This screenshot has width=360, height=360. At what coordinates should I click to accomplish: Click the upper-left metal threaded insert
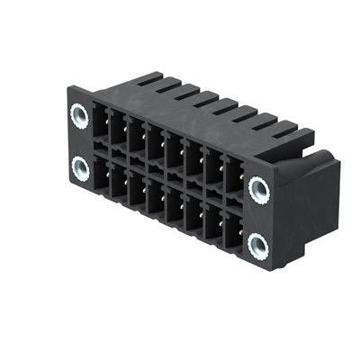tap(78, 116)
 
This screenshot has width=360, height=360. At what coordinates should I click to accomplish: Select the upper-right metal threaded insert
tap(259, 189)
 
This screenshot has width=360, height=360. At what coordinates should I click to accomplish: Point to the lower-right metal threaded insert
tap(259, 243)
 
